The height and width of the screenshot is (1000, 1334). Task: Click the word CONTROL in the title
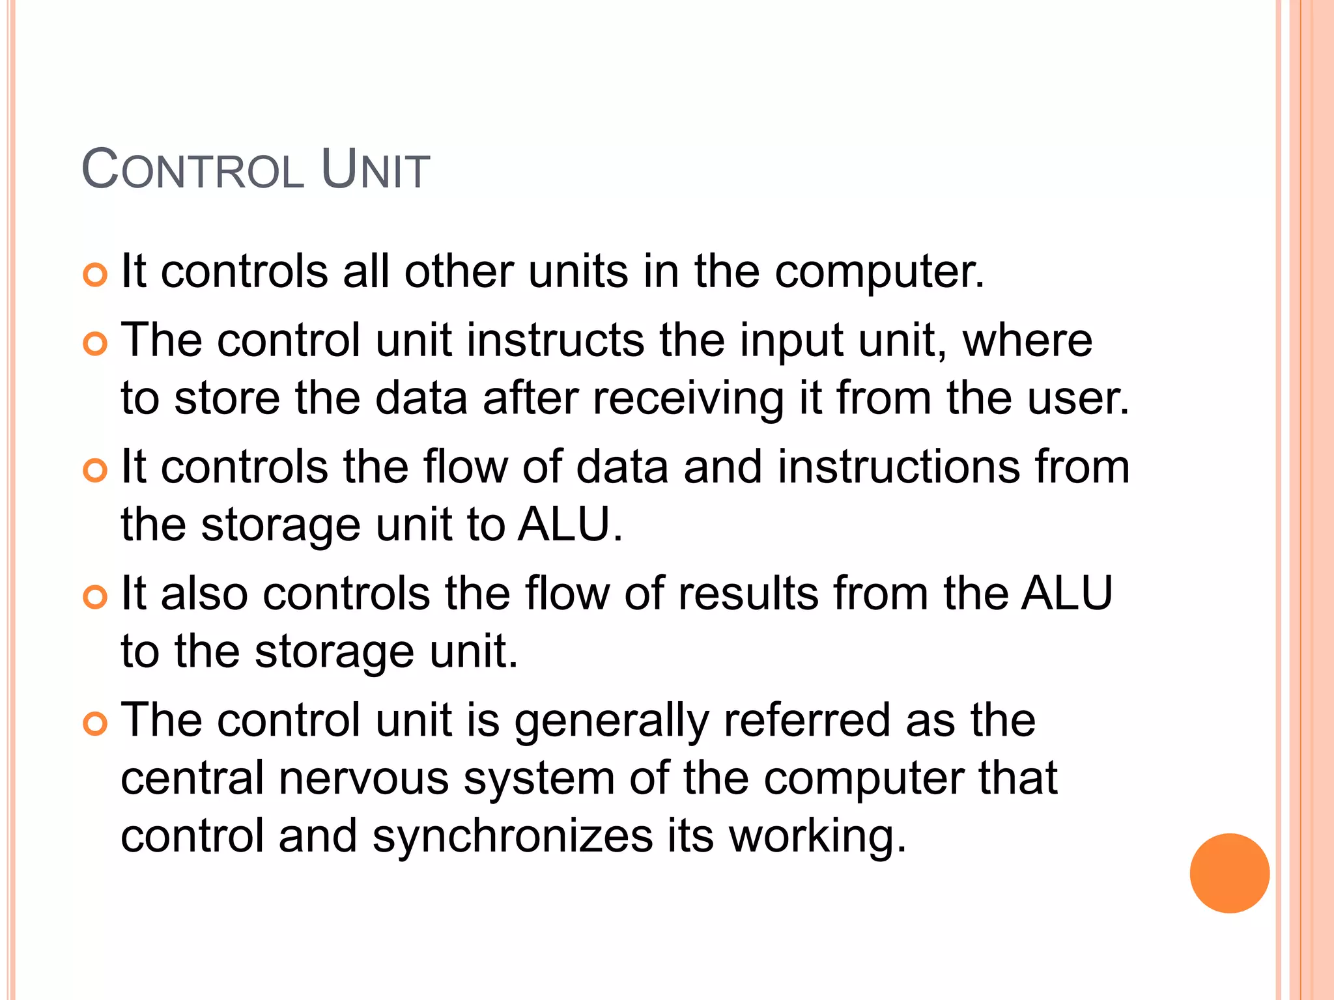(193, 170)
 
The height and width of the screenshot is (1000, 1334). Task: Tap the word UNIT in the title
(375, 170)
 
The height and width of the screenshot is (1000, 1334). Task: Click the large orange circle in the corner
(1229, 873)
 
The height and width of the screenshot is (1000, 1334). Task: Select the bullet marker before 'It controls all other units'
(95, 275)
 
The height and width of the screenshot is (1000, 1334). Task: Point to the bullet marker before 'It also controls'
(95, 597)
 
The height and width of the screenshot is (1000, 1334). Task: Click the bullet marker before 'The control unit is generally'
(95, 724)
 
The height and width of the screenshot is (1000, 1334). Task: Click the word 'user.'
(1078, 397)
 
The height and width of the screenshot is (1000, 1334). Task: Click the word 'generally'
(611, 721)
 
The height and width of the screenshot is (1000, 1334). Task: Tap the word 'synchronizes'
(512, 836)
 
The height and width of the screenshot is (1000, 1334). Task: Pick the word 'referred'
(807, 720)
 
